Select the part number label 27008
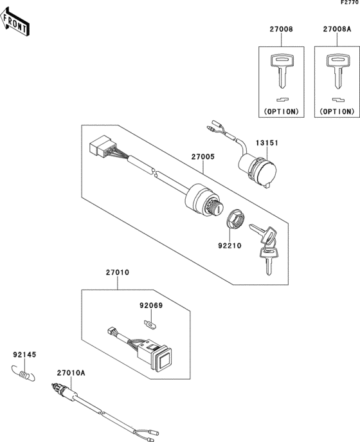point(281,30)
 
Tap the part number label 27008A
point(337,30)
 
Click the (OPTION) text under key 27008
point(281,111)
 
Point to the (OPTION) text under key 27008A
point(337,111)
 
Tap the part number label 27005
point(203,156)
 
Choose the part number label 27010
point(118,273)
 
